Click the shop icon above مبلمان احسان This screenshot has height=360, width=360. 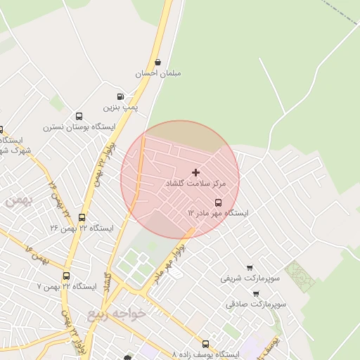click(157, 62)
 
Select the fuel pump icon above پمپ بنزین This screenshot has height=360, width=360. click(120, 96)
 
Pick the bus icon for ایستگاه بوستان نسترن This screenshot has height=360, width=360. click(79, 116)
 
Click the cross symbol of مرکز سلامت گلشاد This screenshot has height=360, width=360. click(195, 172)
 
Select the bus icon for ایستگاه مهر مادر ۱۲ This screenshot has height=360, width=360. click(217, 202)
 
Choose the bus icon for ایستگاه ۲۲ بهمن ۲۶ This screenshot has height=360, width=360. click(82, 217)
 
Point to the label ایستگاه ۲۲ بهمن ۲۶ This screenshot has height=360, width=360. click(82, 229)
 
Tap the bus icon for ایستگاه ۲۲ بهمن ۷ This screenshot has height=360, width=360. click(66, 276)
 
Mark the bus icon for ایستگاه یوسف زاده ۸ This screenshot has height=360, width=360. click(205, 344)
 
